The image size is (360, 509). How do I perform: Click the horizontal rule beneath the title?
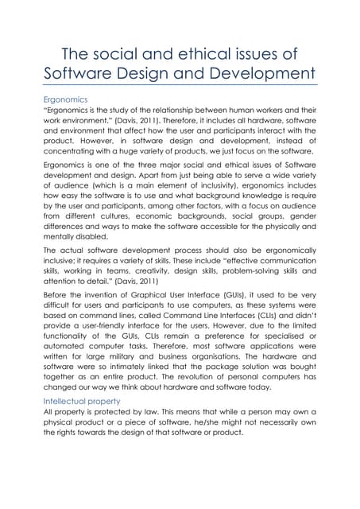[180, 84]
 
